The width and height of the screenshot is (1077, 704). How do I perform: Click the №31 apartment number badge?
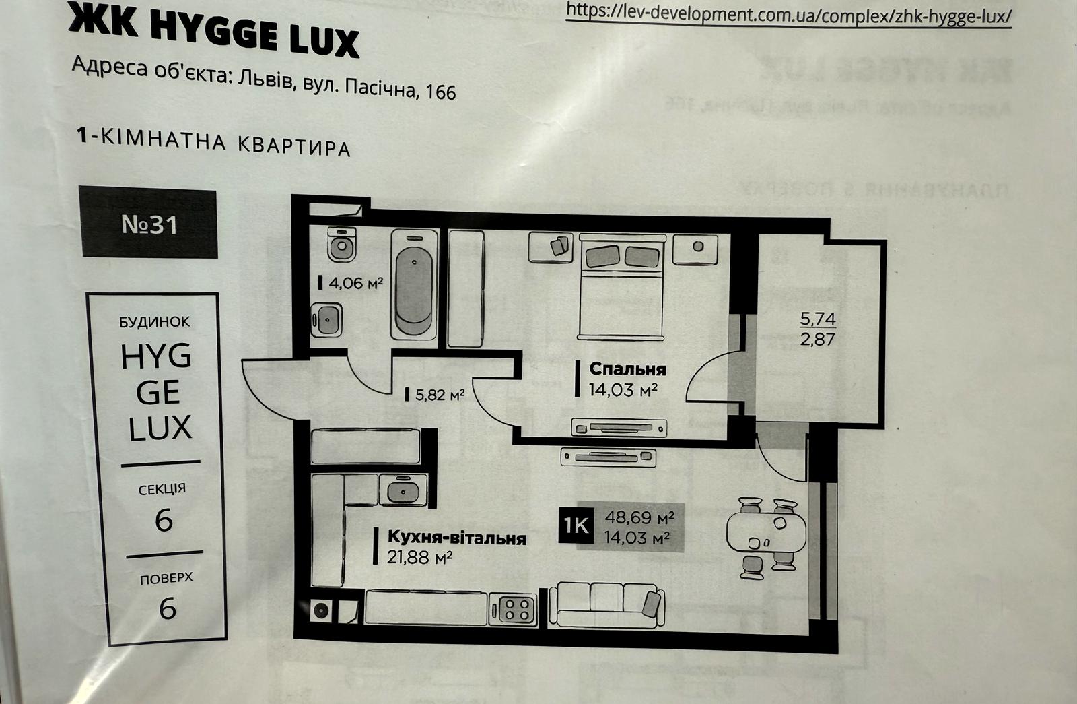point(149,224)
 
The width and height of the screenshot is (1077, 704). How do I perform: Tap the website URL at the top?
point(788,13)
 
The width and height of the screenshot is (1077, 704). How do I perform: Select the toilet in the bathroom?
point(342,245)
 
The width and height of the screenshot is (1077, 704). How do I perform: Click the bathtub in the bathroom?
point(413,284)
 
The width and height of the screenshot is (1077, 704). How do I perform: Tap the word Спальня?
point(627,369)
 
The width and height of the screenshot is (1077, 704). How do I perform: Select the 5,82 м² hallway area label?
point(439,395)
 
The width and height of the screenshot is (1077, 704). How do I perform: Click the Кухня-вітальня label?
point(456,538)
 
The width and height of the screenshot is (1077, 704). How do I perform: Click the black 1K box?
point(576,525)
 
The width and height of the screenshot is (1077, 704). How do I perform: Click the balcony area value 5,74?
point(817,319)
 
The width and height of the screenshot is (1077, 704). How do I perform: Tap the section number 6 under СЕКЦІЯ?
point(164,521)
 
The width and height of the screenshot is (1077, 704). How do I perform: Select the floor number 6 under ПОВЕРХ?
point(167,608)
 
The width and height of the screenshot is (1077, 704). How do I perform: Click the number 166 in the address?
point(441,91)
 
